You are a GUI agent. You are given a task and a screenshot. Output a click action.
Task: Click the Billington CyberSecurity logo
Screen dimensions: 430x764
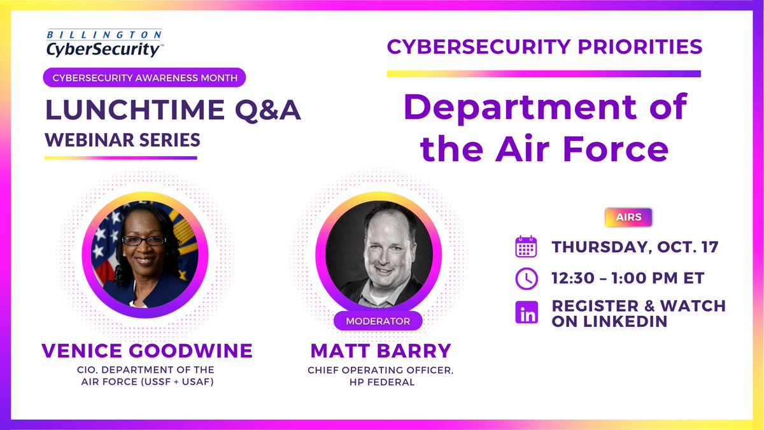pyautogui.click(x=103, y=43)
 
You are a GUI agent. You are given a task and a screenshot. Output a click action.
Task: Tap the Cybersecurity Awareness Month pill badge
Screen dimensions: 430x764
pyautogui.click(x=145, y=78)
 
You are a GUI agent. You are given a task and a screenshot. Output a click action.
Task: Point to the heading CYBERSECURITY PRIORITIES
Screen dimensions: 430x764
pyautogui.click(x=544, y=47)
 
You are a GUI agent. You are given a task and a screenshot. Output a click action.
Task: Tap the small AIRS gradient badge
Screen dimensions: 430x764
pyautogui.click(x=628, y=217)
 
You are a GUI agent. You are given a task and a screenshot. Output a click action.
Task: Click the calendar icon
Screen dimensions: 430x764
pyautogui.click(x=527, y=247)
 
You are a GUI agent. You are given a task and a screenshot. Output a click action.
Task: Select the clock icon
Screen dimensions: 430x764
pyautogui.click(x=527, y=279)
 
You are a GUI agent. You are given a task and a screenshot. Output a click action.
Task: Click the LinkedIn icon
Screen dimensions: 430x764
pyautogui.click(x=527, y=312)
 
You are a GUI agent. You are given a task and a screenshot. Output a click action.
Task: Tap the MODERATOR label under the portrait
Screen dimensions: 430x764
pyautogui.click(x=378, y=321)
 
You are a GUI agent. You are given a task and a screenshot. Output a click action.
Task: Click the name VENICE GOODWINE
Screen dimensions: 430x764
pyautogui.click(x=147, y=350)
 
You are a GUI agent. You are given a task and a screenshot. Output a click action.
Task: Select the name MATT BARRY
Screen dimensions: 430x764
pyautogui.click(x=380, y=351)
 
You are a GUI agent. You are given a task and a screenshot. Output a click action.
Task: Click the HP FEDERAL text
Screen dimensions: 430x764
pyautogui.click(x=380, y=382)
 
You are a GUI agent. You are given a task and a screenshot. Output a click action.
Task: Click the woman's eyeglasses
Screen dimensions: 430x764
pyautogui.click(x=144, y=241)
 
